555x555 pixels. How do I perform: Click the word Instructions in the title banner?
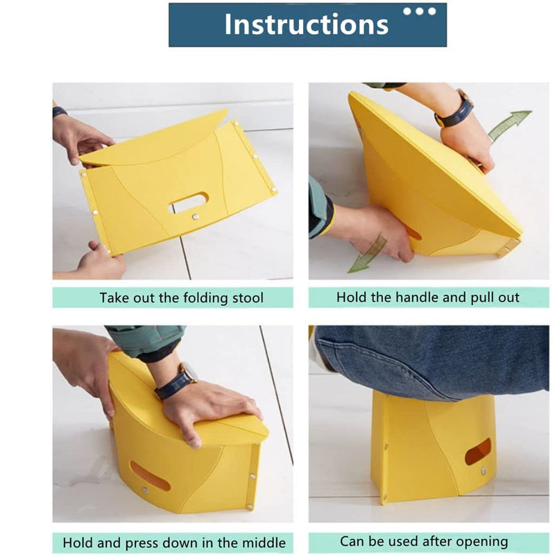(x=307, y=24)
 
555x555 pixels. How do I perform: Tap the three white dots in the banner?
(x=420, y=11)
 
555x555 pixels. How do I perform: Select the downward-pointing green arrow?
(x=367, y=253)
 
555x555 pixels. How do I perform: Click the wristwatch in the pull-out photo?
(x=455, y=108)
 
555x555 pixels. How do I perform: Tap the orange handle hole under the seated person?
(x=478, y=452)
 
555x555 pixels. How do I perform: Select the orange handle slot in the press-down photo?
(x=149, y=475)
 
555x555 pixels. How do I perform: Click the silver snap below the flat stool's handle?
(x=194, y=216)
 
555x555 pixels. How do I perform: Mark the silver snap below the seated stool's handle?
(x=484, y=471)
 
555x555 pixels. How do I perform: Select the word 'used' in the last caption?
(x=402, y=542)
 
